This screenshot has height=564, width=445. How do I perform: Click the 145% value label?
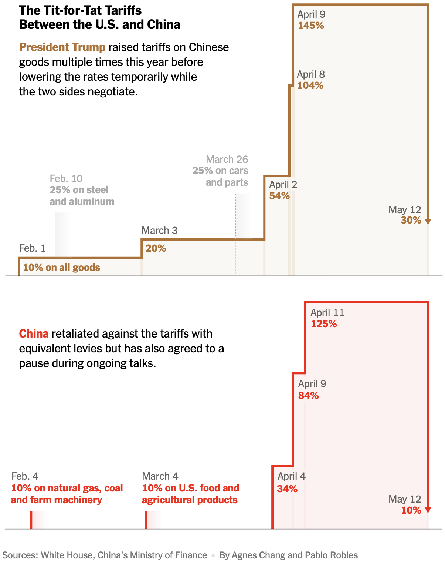click(x=311, y=26)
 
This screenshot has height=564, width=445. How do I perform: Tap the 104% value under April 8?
click(x=310, y=85)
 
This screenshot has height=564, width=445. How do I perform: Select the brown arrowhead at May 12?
click(x=428, y=221)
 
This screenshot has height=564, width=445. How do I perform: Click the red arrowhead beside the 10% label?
click(x=428, y=510)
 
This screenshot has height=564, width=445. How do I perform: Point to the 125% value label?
click(x=324, y=324)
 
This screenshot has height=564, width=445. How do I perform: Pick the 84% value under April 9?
click(x=308, y=396)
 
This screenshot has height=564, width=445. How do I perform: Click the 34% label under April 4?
click(x=287, y=489)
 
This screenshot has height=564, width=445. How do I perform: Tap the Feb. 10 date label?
click(x=66, y=178)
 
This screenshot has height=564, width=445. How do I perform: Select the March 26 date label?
click(x=227, y=159)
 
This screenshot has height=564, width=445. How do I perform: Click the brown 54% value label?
click(x=279, y=196)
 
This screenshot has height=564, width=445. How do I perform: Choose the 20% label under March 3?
click(x=156, y=248)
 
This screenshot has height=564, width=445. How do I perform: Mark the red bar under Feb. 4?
click(x=31, y=520)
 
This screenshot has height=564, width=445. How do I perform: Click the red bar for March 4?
click(x=146, y=520)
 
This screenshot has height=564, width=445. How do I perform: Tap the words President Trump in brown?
click(x=62, y=47)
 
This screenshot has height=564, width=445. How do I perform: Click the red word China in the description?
click(x=34, y=333)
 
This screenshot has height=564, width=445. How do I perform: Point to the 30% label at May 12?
click(x=411, y=220)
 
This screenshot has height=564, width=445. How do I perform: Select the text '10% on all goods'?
click(x=61, y=268)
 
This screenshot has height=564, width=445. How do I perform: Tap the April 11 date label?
click(x=327, y=313)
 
